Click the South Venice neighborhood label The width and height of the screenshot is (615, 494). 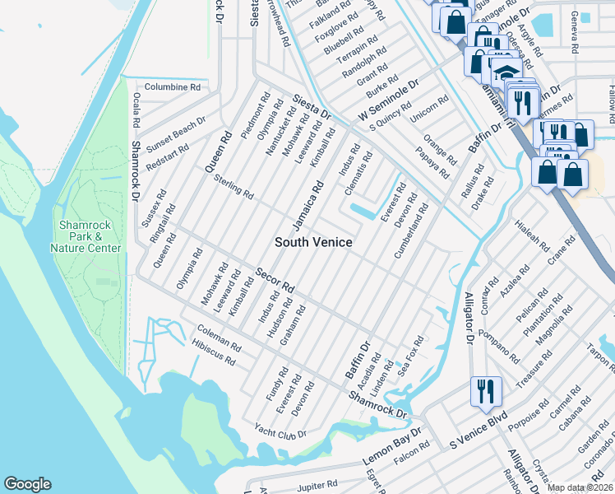313,242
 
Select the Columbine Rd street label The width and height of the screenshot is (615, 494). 173,86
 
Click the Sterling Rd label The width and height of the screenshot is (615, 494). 234,186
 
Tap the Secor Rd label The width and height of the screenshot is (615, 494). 275,281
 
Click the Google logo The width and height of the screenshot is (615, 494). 27,484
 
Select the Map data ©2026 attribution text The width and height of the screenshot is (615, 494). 580,487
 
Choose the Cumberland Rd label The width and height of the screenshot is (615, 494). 411,232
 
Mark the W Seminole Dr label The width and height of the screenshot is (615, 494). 388,99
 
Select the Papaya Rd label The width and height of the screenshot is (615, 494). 432,162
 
